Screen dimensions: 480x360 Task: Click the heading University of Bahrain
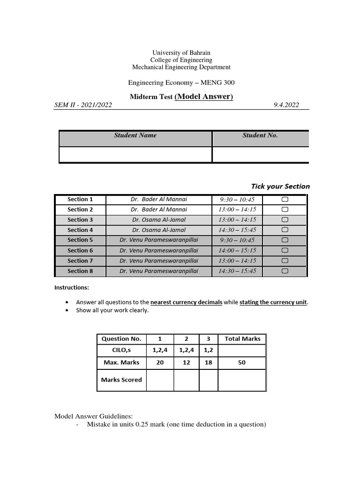[181, 53]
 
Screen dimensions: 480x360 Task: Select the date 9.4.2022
[286, 105]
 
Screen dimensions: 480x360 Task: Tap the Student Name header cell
[135, 135]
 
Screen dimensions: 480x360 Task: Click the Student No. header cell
[260, 135]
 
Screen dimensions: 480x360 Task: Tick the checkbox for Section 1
[285, 200]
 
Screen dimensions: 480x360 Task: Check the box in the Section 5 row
[285, 240]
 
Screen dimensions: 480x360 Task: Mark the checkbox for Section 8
[285, 271]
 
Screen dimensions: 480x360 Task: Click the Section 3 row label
[80, 220]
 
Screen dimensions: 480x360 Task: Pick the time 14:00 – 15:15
[237, 251]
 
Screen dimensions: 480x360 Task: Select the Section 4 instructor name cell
[159, 230]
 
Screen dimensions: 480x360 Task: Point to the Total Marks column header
[242, 339]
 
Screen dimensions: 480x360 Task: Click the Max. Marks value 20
[160, 363]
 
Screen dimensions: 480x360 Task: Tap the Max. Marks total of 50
[242, 363]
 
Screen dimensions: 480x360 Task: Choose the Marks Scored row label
[121, 380]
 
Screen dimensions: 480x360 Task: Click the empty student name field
[135, 155]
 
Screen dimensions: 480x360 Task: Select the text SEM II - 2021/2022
[83, 105]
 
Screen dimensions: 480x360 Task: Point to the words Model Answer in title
[203, 97]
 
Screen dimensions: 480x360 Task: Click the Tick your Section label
[280, 186]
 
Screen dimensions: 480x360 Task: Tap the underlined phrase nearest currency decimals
[186, 302]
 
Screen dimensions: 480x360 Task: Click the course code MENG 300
[217, 83]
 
